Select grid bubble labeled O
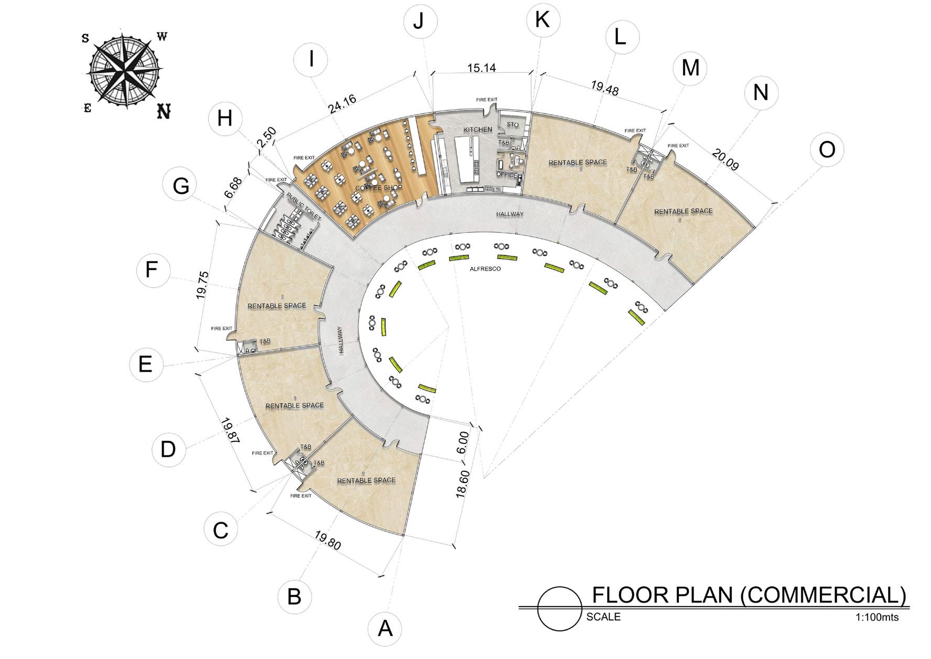pyautogui.click(x=827, y=150)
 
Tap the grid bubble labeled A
pyautogui.click(x=385, y=628)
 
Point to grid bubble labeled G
pyautogui.click(x=181, y=186)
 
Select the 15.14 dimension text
pyautogui.click(x=481, y=68)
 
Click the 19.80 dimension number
pyautogui.click(x=328, y=540)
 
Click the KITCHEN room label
pyautogui.click(x=478, y=129)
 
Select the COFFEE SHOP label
pyautogui.click(x=379, y=188)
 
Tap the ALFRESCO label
pyautogui.click(x=485, y=269)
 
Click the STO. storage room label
pyautogui.click(x=513, y=125)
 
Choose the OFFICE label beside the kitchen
pyautogui.click(x=507, y=175)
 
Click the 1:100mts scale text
pyautogui.click(x=877, y=617)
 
